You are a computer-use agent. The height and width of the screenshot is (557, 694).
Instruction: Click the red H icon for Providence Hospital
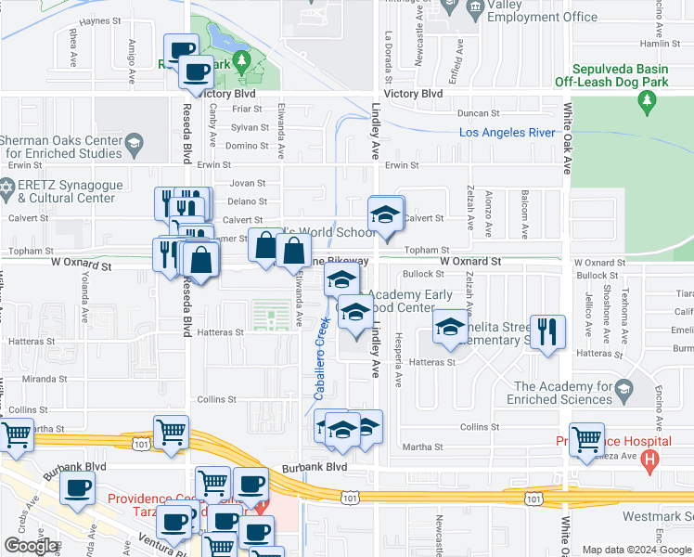[649, 459]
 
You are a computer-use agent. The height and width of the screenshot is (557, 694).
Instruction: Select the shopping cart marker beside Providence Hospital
[586, 441]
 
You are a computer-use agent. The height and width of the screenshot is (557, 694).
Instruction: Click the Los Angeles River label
[508, 133]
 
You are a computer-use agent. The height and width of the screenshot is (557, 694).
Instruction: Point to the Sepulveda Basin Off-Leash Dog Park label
[625, 75]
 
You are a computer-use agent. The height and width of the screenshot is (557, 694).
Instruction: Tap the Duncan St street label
[479, 113]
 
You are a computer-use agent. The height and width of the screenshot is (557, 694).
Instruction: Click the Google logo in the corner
[31, 545]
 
